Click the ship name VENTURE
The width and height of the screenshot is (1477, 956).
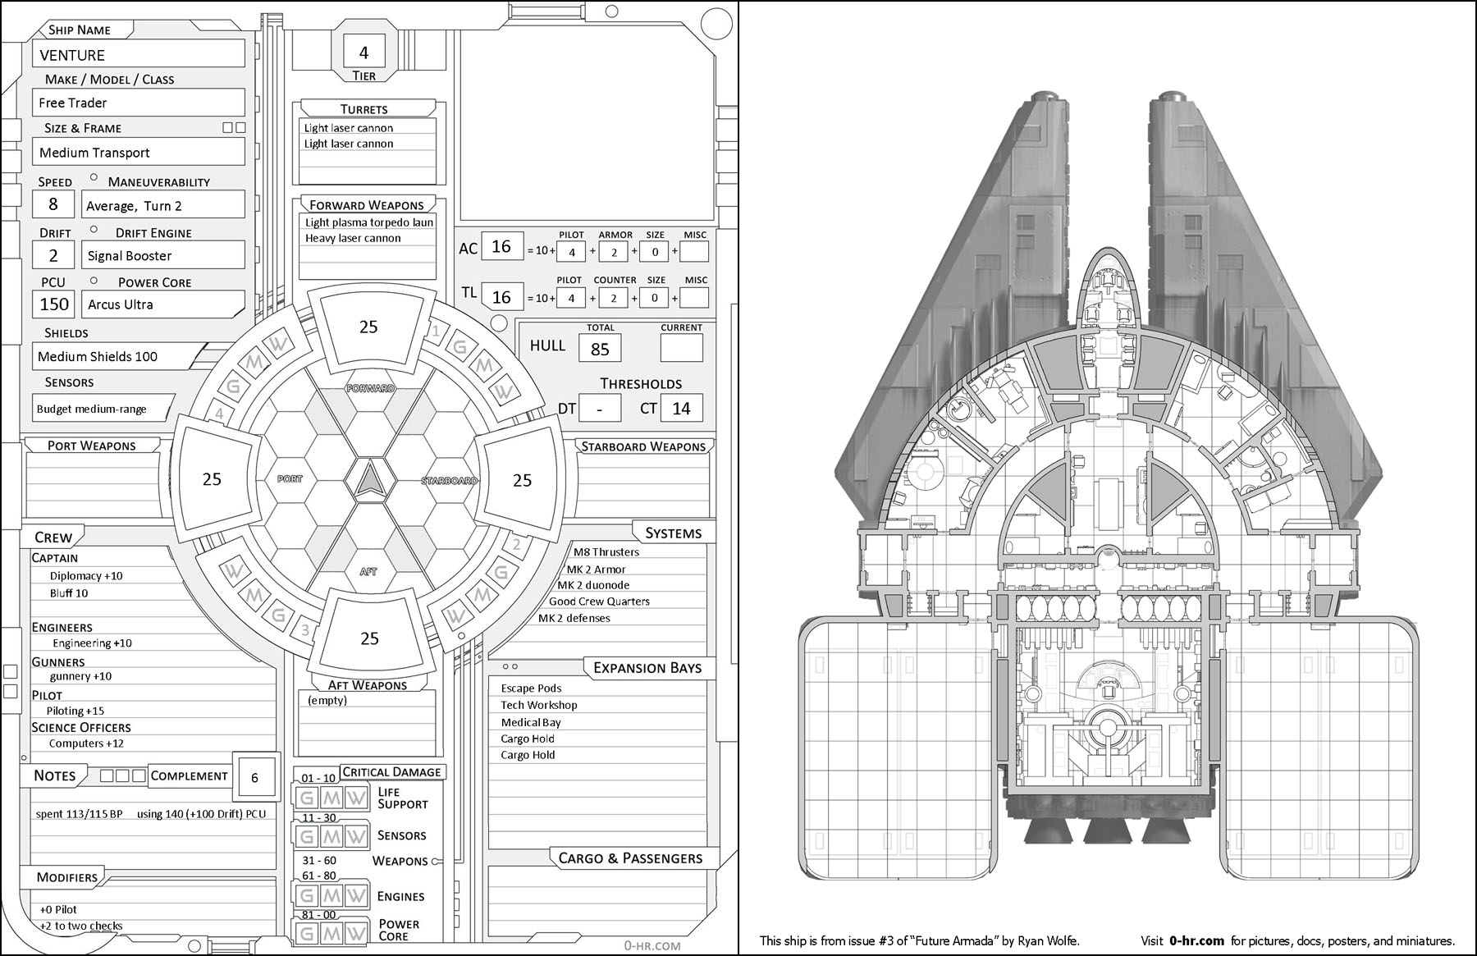[72, 55]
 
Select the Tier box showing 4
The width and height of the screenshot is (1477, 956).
[364, 53]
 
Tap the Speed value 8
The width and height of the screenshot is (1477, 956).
[53, 204]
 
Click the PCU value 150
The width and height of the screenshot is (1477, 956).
[54, 304]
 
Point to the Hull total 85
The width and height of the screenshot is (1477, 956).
[600, 350]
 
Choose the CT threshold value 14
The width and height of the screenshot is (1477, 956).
[681, 409]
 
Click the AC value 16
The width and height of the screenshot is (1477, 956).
[501, 246]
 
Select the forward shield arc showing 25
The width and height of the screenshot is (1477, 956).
[368, 327]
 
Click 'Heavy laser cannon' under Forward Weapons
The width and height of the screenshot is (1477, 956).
[353, 238]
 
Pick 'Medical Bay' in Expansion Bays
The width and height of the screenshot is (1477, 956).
[531, 722]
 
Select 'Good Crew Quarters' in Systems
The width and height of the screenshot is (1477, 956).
[599, 602]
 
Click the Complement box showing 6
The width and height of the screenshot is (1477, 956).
[254, 778]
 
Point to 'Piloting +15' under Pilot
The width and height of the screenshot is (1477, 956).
[75, 711]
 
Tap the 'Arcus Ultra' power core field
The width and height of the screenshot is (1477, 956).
[121, 304]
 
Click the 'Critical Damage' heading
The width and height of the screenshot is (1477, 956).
[391, 772]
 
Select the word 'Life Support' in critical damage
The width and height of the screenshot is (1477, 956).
[402, 798]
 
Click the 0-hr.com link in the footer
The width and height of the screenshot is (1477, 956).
[1196, 941]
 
